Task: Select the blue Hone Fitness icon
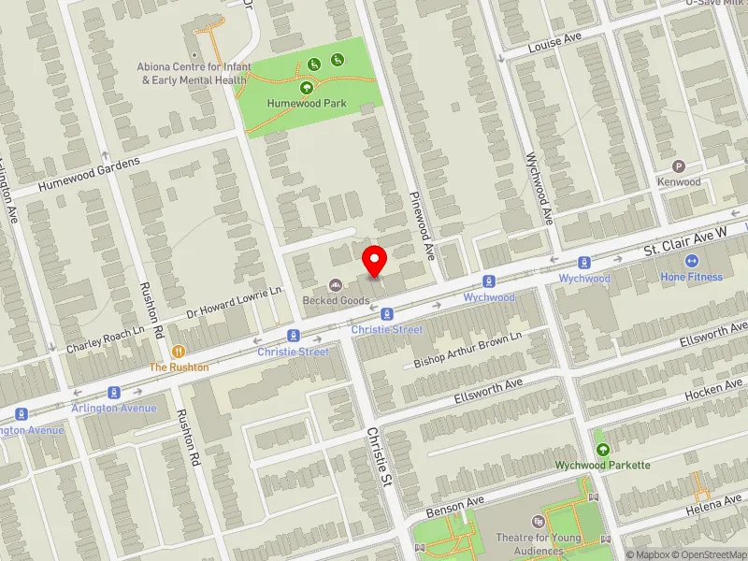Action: point(693,261)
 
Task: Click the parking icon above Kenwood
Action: point(680,165)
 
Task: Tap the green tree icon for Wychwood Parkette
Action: point(602,449)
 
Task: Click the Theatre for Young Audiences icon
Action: point(538,521)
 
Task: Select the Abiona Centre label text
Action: point(192,74)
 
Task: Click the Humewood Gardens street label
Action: point(89,175)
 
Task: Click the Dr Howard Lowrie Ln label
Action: point(234,304)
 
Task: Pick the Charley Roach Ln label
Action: point(106,339)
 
